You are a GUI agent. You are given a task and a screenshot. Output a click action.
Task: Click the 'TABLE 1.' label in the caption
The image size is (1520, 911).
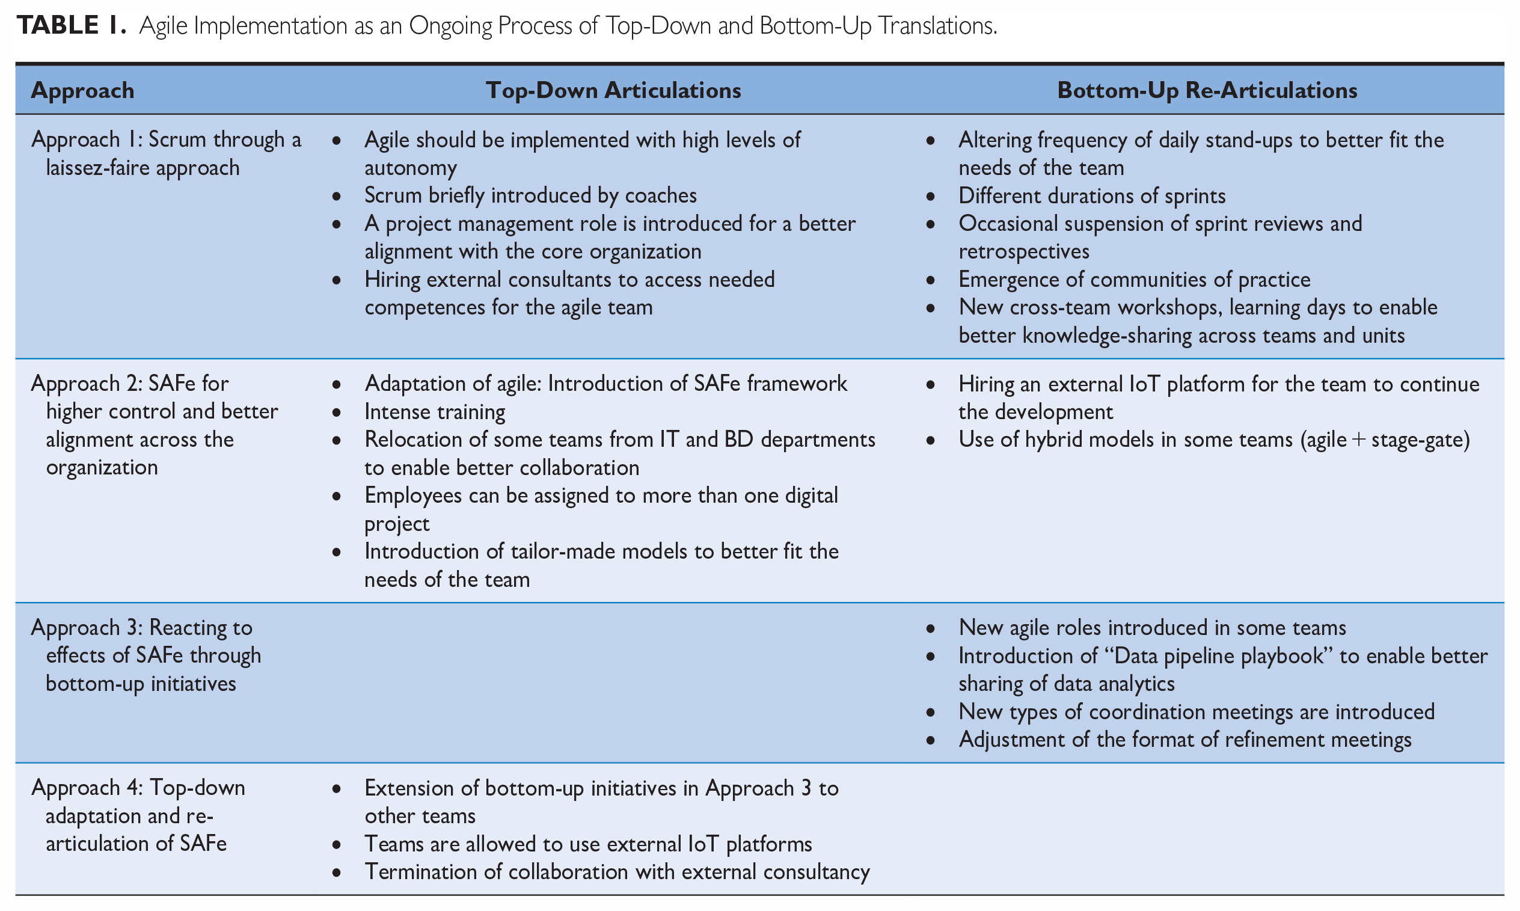point(71,25)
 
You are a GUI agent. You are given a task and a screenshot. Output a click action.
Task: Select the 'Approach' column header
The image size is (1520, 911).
point(83,90)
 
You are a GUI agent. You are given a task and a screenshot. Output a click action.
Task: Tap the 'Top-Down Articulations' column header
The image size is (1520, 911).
point(613,90)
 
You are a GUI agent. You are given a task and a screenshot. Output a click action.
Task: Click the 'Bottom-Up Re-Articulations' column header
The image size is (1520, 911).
point(1207,90)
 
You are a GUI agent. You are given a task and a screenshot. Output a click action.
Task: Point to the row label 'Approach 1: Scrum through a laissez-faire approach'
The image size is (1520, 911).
point(167,153)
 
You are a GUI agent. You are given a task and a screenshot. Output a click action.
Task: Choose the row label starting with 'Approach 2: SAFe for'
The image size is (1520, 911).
point(155,425)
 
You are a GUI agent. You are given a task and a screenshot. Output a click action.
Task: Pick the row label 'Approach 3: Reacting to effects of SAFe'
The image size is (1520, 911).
point(146,655)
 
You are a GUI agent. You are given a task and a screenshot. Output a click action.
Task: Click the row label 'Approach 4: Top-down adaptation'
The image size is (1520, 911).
point(138,815)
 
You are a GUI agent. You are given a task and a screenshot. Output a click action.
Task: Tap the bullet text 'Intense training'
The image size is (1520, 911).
point(435,411)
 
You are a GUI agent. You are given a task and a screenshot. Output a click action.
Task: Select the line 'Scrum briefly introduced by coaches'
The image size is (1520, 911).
point(531,195)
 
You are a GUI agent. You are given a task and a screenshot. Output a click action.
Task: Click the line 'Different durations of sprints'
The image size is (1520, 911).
point(1092,196)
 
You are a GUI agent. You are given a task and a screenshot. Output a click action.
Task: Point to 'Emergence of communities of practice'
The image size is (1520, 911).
point(1134,280)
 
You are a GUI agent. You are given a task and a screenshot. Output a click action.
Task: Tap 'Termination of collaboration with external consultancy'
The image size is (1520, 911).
point(617,872)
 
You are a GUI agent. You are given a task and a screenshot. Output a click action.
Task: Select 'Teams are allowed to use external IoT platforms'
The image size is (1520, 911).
point(588,844)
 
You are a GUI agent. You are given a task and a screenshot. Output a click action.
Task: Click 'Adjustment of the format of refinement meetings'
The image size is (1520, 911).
point(1185,740)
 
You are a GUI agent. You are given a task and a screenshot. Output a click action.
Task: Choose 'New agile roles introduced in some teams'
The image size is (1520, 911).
point(1152,627)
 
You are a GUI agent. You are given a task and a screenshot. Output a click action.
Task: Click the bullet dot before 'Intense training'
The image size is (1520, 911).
point(336,413)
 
